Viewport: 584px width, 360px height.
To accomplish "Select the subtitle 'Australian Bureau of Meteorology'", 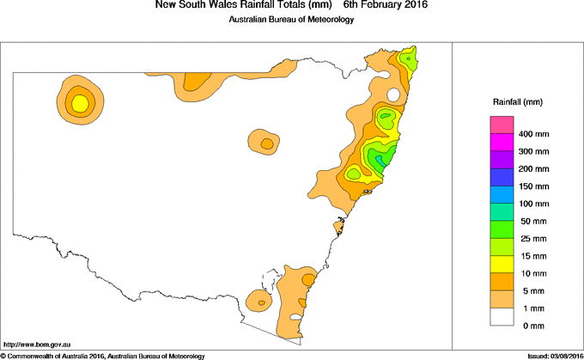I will tap(291, 20).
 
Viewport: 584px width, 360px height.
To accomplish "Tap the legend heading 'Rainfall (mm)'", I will tap(517, 102).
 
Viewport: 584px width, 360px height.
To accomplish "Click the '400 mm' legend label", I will tap(534, 134).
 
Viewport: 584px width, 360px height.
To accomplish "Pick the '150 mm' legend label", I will tap(534, 186).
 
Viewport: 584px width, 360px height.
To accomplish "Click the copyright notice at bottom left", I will tap(103, 355).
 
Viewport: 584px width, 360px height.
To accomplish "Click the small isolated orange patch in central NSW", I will tap(265, 142).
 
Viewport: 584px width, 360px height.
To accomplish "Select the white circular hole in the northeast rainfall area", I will tap(392, 95).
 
